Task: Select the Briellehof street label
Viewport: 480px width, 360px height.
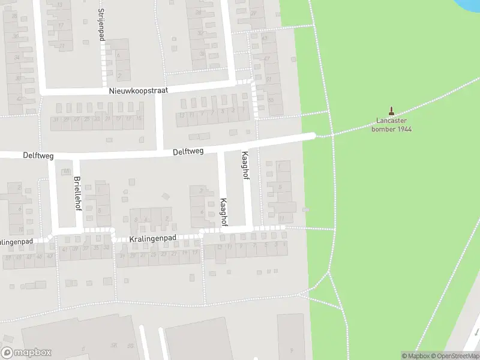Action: tap(77, 191)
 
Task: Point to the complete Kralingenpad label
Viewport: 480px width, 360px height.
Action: tap(152, 239)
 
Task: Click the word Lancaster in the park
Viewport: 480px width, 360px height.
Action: tap(392, 121)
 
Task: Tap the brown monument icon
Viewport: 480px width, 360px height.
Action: tap(392, 111)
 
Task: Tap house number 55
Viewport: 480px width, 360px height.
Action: tap(271, 100)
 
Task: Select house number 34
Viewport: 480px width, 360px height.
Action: tap(17, 57)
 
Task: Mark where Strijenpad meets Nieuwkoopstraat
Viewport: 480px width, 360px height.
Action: tap(104, 91)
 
